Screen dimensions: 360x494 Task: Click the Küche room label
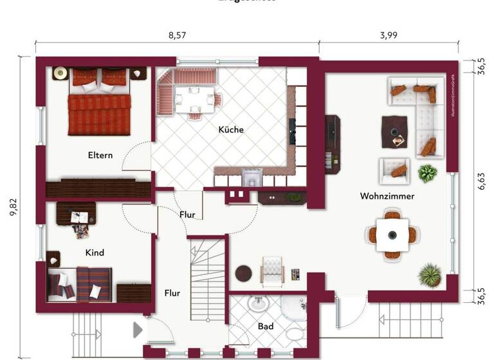(231, 129)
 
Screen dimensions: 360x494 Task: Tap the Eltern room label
(100, 155)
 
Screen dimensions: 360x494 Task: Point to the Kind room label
(95, 253)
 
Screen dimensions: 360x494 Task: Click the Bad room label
(266, 327)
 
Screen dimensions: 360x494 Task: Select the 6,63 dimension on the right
(482, 182)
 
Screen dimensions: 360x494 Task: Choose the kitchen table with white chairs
(195, 99)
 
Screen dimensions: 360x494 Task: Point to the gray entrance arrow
(137, 330)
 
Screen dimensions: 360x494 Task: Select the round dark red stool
(243, 273)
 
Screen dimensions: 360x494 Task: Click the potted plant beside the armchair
(427, 172)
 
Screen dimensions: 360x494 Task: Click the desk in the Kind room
(76, 213)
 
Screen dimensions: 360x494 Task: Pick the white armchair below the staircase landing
(272, 269)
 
